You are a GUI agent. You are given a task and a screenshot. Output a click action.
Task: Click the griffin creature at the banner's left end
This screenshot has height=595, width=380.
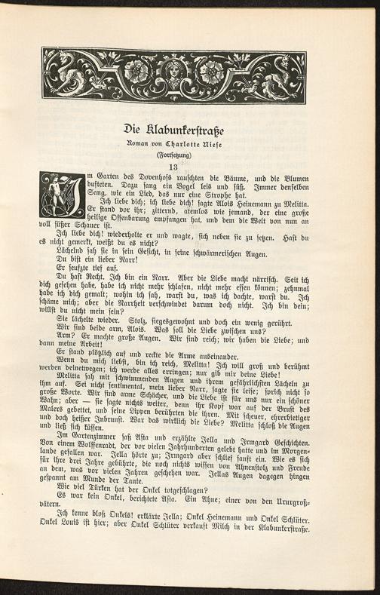coord(72,76)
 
